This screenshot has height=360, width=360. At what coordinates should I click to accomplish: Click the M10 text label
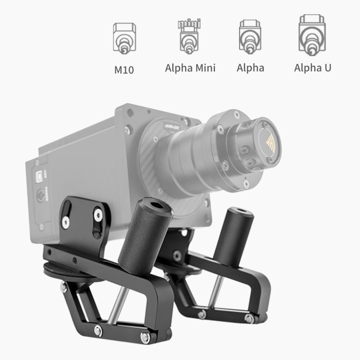[x=124, y=69]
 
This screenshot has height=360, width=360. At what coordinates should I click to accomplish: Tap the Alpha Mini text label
[x=190, y=68]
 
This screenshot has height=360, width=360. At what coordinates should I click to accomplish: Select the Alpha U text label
[x=312, y=68]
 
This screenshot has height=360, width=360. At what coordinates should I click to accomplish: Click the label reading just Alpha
[x=250, y=68]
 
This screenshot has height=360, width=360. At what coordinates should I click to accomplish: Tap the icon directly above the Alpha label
[x=250, y=37]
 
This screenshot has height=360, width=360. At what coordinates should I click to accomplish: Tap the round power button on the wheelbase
[x=41, y=196]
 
